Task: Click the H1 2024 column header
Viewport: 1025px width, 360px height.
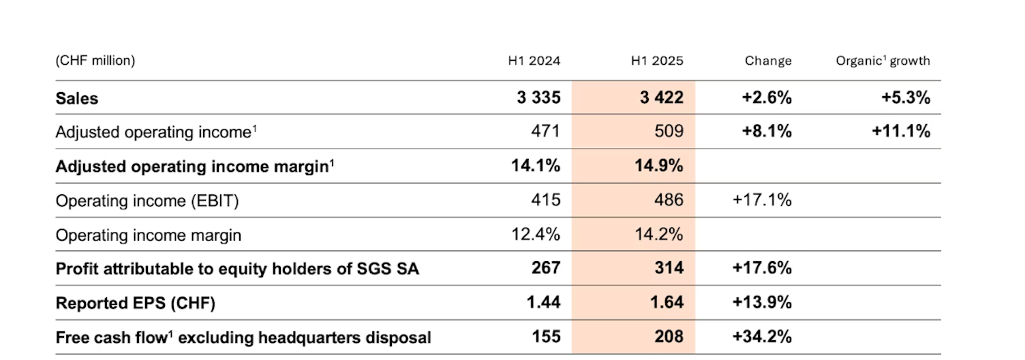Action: (534, 61)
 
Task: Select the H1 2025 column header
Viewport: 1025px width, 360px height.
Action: (657, 61)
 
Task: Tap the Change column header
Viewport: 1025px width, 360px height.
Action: (768, 61)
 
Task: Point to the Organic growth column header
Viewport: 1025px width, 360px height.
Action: (883, 61)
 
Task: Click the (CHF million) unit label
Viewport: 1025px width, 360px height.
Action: (95, 61)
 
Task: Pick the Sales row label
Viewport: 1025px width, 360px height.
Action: (77, 98)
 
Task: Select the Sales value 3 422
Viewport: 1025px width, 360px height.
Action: (661, 98)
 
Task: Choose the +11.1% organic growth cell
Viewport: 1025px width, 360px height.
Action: (901, 132)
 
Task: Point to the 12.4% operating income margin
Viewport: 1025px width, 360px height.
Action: (536, 235)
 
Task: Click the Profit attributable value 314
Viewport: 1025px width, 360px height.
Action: (669, 269)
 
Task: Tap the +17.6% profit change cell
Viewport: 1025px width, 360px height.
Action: (762, 269)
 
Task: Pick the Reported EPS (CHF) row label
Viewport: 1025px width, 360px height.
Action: (136, 303)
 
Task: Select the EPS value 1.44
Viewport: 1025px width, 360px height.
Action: (543, 303)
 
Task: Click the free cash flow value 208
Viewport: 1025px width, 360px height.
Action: (669, 337)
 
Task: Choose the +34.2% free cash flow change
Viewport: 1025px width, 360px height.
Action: (762, 337)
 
